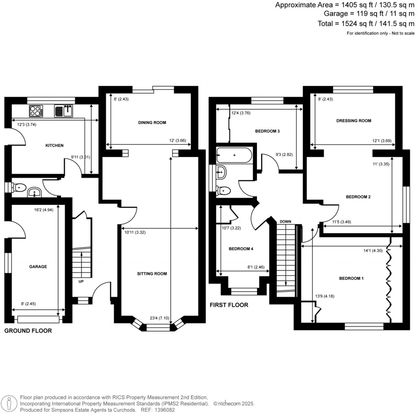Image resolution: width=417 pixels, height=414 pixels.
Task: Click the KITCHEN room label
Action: click(54, 146)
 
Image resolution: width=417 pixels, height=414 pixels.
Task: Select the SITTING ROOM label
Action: click(152, 274)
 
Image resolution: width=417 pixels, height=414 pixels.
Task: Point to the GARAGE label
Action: click(38, 267)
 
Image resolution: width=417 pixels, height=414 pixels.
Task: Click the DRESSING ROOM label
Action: click(353, 121)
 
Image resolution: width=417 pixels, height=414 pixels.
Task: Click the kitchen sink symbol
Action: click(64, 111)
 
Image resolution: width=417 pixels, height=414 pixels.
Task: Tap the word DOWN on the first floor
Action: click(285, 221)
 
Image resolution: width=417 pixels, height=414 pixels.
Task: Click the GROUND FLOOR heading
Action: click(28, 331)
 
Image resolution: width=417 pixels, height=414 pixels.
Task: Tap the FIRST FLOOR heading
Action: click(228, 305)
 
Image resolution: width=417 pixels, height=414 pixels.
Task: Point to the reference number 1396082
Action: click(164, 410)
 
